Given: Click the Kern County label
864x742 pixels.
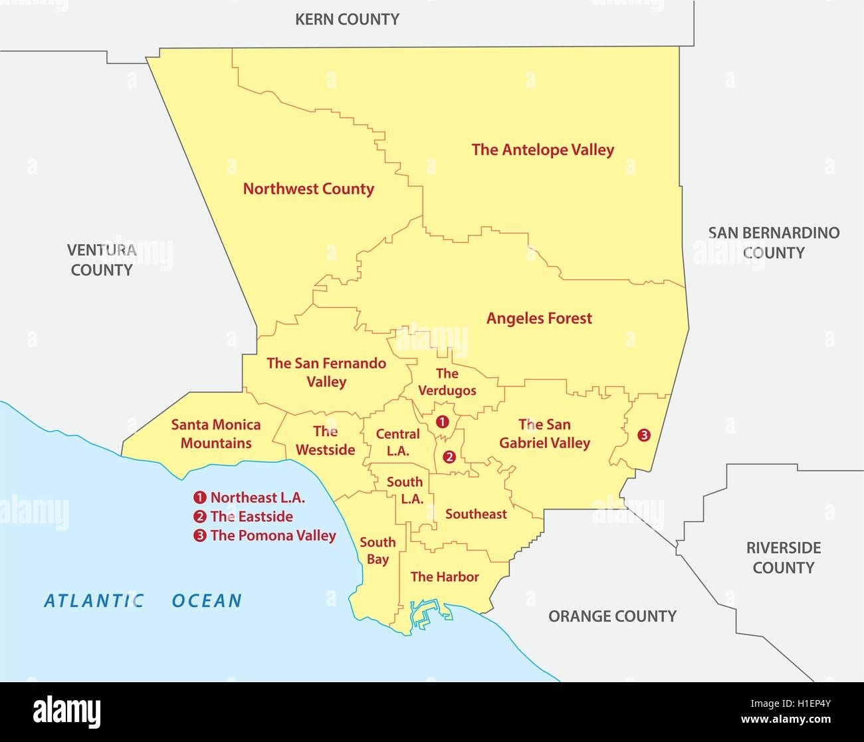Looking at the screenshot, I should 347,19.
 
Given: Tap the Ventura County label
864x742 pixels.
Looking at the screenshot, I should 102,260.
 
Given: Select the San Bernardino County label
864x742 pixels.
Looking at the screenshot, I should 774,243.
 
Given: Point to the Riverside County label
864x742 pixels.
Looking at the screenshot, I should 783,558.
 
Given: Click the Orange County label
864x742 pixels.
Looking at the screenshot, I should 612,616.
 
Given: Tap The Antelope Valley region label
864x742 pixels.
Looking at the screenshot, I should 543,150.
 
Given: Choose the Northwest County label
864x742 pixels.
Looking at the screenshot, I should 308,189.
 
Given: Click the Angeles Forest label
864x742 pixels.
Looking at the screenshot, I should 539,318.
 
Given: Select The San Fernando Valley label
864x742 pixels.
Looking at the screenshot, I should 326,372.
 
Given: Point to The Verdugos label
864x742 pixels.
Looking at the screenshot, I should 447,382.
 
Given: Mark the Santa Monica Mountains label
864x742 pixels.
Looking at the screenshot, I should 216,433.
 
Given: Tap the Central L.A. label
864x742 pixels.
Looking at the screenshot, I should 397,442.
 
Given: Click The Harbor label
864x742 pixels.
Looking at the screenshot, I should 445,576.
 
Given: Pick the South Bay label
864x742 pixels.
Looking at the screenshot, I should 378,551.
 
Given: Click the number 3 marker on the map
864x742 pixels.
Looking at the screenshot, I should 643,435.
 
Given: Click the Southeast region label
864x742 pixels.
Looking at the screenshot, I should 476,514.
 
